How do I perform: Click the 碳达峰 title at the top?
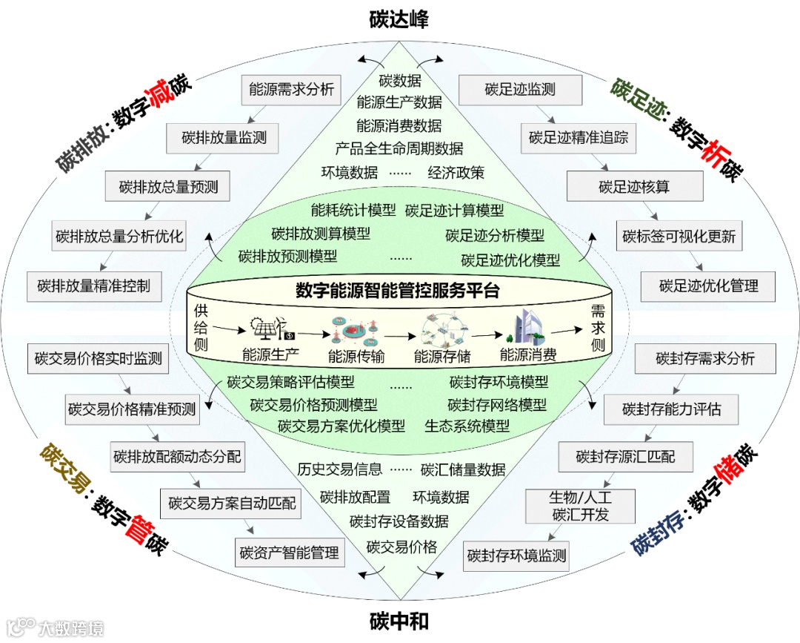[399, 19]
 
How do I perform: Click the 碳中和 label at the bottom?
[399, 621]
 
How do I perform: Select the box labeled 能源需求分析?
[291, 90]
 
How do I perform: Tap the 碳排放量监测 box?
[224, 137]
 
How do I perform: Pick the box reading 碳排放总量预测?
[168, 187]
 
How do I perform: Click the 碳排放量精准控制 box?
[93, 286]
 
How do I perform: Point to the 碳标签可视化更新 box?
[679, 237]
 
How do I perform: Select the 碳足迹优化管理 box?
[709, 286]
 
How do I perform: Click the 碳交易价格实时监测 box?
[98, 359]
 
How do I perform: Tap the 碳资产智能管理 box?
[290, 552]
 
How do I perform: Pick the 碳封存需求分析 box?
[705, 359]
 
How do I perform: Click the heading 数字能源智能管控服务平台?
[398, 291]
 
